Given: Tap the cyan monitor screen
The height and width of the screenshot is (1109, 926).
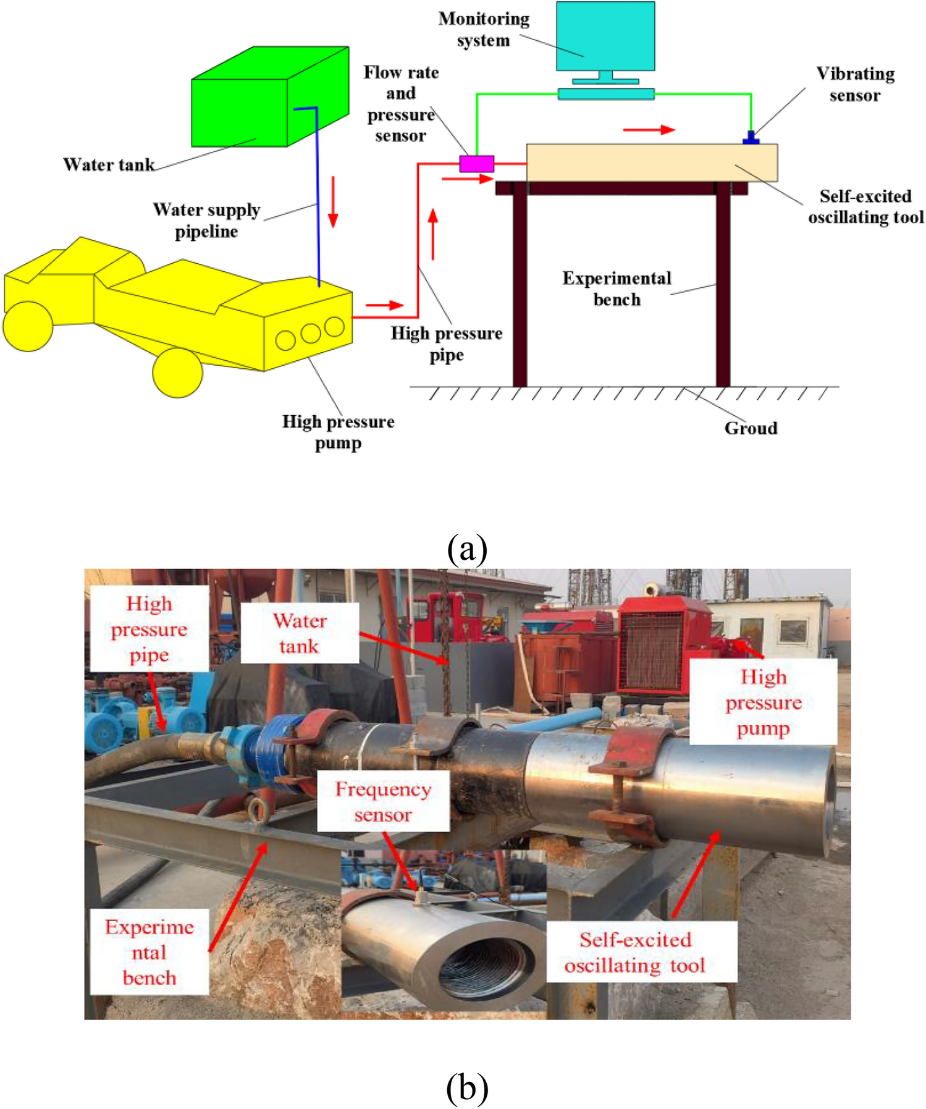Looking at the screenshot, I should (605, 36).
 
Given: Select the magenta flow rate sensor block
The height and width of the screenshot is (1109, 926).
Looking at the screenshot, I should (476, 164).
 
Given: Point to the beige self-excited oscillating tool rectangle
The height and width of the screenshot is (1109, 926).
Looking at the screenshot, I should (652, 162).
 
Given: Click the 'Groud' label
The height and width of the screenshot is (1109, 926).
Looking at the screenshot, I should (751, 428).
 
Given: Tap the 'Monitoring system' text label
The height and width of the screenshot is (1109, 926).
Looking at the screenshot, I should (484, 29).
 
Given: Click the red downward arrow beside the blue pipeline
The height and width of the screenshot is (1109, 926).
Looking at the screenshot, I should (333, 201).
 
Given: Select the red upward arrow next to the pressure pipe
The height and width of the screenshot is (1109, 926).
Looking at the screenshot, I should (433, 234).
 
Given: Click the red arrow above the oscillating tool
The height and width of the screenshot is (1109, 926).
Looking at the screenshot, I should (649, 130).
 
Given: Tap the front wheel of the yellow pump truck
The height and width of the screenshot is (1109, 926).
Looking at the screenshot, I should (177, 373).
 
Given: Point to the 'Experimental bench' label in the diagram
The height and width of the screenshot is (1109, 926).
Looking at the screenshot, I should (616, 289).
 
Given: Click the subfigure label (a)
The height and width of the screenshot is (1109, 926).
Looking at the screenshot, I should (467, 548).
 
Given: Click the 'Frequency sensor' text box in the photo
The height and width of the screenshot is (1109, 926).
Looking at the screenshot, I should (383, 801).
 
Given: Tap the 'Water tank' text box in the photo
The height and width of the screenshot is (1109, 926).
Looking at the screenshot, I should (300, 633).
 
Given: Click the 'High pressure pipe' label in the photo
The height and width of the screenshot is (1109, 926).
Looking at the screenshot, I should (149, 628).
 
